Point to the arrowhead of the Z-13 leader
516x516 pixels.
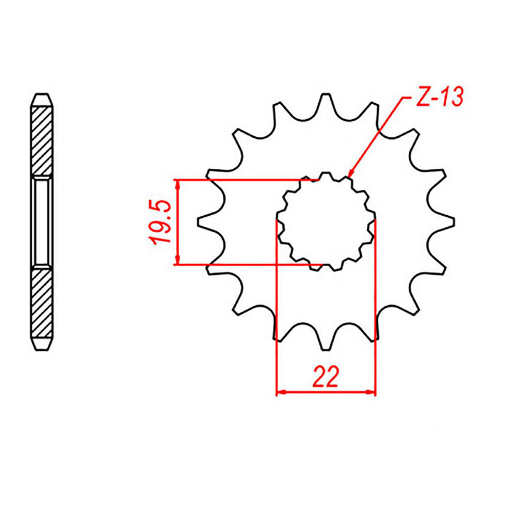[349, 175]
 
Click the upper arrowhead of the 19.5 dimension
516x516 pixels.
[178, 184]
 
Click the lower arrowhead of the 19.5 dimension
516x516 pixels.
[178, 261]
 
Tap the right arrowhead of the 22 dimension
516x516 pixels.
[371, 393]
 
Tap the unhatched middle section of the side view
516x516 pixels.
[42, 222]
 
